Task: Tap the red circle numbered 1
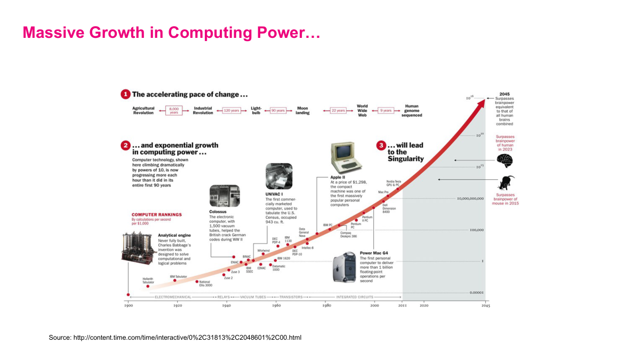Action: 125,94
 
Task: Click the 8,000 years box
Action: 173,110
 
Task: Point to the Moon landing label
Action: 302,110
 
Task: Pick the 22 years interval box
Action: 338,110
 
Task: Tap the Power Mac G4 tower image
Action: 344,268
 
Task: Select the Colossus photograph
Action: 225,196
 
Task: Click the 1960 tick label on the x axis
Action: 276,306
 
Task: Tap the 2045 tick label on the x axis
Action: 485,306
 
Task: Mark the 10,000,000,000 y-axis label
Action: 470,198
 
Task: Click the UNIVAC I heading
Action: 274,194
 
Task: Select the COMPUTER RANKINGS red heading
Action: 157,214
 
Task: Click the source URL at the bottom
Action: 175,338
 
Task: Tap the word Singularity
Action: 405,158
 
